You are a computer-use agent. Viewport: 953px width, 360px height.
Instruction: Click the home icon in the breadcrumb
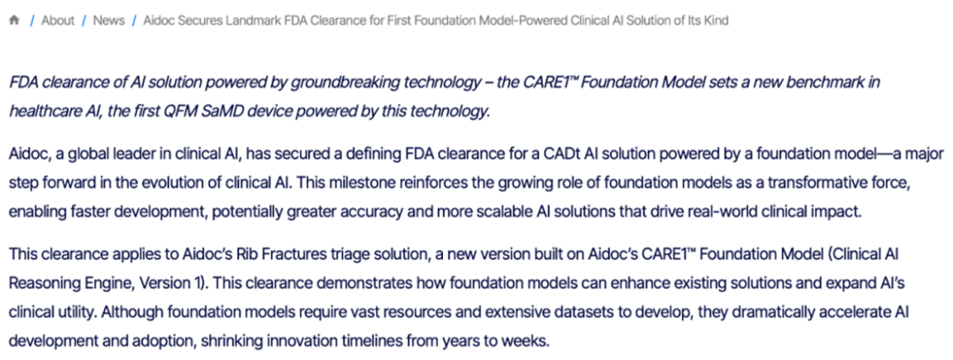[15, 20]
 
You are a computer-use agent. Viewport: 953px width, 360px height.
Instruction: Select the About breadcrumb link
[57, 20]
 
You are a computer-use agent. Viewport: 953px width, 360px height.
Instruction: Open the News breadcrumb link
[109, 20]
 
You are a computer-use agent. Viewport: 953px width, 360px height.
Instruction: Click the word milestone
[379, 183]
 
